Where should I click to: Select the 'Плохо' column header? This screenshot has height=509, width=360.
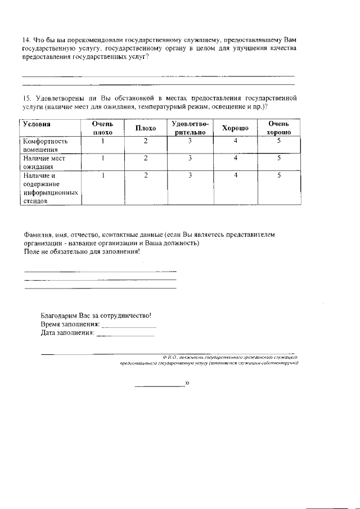point(145,128)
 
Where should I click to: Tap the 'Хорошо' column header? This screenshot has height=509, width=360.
point(235,128)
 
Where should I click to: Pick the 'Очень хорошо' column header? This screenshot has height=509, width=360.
point(278,128)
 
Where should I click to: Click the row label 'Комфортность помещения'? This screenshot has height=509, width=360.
point(45,145)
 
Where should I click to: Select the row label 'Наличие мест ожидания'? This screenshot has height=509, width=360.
point(44,162)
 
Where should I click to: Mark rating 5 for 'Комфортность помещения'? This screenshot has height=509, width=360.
point(278,141)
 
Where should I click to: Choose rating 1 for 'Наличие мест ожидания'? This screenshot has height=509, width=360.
point(103,158)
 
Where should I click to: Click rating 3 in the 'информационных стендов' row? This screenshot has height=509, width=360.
point(190,175)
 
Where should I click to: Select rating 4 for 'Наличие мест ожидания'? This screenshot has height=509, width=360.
point(235,158)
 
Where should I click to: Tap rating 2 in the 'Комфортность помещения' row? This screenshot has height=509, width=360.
point(145,141)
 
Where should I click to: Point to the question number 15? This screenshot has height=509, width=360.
point(26,98)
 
